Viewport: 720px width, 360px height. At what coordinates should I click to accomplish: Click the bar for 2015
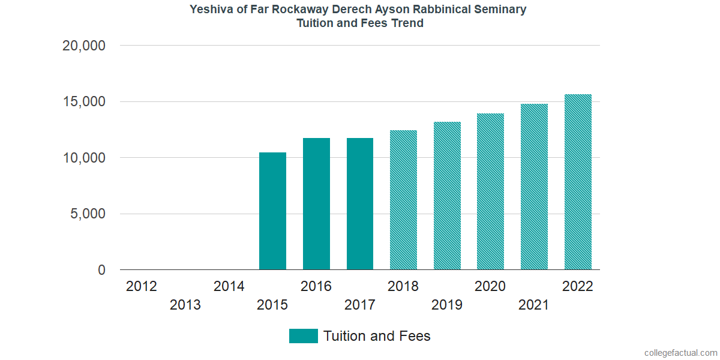pos(272,211)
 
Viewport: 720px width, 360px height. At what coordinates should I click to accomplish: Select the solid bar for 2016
pos(316,204)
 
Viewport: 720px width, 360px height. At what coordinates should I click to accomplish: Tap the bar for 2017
pos(360,204)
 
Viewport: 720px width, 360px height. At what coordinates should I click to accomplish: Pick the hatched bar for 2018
pos(403,200)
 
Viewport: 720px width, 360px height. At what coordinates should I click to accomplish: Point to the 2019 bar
pos(447,196)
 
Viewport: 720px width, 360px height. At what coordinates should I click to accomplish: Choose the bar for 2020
pos(490,191)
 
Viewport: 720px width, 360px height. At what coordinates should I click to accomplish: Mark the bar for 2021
pos(534,187)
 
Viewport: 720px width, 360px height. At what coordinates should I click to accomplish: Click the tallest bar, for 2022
pos(578,182)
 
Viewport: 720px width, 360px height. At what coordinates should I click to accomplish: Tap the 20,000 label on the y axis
pos(84,46)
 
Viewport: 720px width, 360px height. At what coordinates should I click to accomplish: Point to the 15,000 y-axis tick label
pos(84,102)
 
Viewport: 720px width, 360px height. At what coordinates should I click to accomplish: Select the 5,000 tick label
pos(88,214)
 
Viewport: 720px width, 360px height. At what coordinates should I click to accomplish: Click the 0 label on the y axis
pos(101,271)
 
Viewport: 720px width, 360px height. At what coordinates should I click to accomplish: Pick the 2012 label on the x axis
pos(142,286)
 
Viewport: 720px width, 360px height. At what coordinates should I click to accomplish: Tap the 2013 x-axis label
pos(185,305)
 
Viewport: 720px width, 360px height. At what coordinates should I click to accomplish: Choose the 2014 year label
pos(229,286)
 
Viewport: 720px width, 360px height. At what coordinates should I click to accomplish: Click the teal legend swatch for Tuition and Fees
pos(303,336)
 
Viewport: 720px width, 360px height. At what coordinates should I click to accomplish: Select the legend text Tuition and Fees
pos(377,336)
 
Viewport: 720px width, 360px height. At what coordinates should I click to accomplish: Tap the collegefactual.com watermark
pos(680,353)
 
